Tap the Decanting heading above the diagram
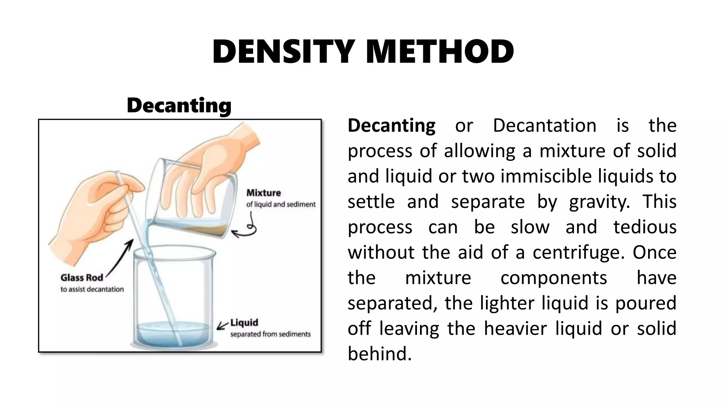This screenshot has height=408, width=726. [179, 105]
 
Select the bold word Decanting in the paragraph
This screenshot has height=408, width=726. [391, 125]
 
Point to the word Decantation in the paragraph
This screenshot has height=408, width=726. [544, 125]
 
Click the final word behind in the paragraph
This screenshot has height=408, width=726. [380, 354]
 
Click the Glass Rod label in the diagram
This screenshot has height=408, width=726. [82, 278]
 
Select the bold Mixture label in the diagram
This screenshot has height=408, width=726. [263, 193]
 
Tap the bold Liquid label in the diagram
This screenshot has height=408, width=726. [244, 323]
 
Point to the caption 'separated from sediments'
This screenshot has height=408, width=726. [270, 334]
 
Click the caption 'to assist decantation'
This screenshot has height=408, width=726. [92, 289]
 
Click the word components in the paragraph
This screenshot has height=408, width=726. [554, 278]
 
